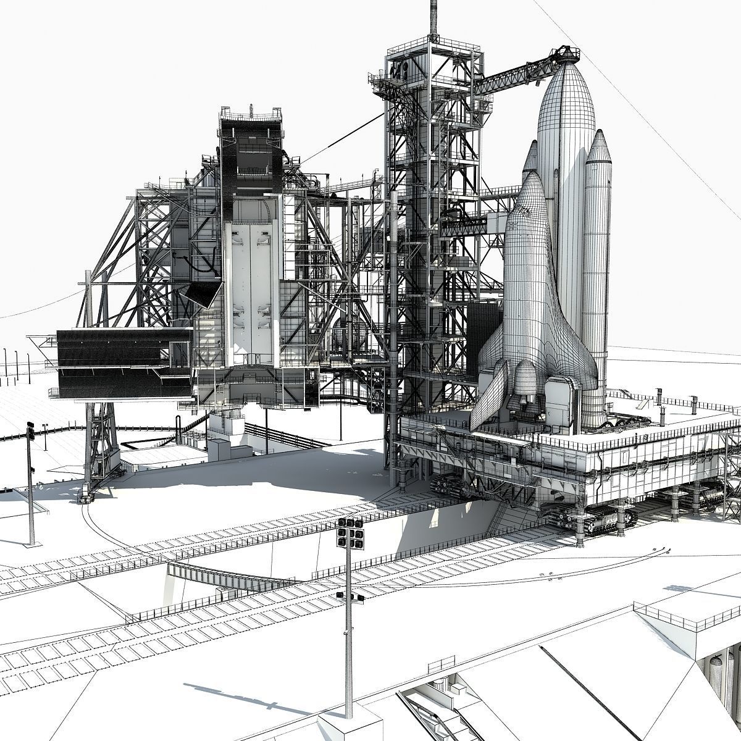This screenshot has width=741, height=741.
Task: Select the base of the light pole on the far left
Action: [31, 543]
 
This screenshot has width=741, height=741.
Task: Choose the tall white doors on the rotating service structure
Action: [250, 290]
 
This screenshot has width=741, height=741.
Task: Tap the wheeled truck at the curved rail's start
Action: [86, 496]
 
